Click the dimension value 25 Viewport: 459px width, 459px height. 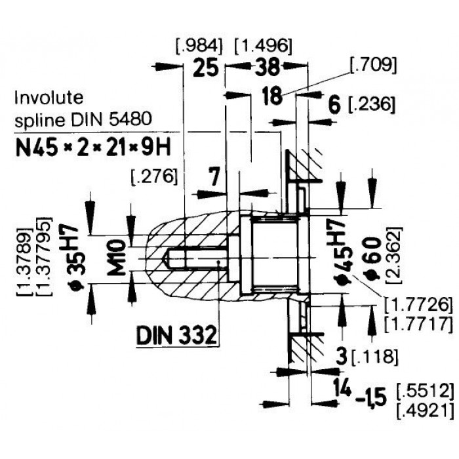pos(206,67)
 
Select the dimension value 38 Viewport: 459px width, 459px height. pos(268,67)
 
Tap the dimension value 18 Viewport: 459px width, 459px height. pos(272,95)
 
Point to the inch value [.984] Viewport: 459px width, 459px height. pos(199,46)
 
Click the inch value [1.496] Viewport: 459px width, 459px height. pos(263,46)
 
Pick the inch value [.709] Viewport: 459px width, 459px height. pos(374,65)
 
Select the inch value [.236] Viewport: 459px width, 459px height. pos(371,104)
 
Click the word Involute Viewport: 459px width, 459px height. pos(49,97)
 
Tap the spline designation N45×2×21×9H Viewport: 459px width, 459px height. pos(93,148)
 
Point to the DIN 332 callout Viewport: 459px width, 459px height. pos(177,335)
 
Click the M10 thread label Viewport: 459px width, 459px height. pos(116,257)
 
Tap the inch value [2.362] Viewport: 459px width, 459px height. pos(393,255)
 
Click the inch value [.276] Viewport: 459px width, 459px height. pos(154,176)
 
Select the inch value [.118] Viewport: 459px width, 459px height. pos(375,357)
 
